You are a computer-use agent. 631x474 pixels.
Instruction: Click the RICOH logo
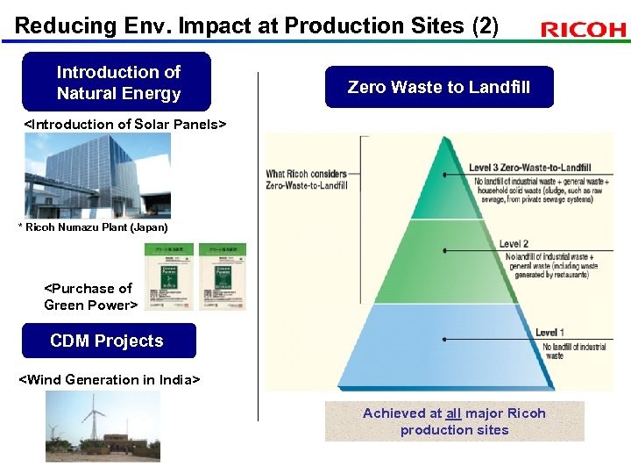584,30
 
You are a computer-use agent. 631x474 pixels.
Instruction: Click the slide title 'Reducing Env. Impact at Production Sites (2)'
256,25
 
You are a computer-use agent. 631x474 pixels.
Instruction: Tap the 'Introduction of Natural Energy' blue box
117,83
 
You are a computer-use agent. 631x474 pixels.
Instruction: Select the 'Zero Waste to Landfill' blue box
439,87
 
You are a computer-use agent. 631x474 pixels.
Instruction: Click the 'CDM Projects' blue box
108,341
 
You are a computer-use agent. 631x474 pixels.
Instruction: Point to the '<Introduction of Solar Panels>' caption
124,125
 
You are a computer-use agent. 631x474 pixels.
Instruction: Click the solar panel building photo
97,176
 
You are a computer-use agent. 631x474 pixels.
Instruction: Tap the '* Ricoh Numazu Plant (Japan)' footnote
93,227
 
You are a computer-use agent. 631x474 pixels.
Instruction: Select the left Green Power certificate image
168,276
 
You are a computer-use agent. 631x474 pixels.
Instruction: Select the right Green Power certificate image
222,276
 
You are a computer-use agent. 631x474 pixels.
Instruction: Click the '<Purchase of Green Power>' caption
90,297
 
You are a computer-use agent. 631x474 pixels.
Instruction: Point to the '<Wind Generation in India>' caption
110,380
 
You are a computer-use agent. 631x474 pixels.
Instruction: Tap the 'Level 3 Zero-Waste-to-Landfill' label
529,168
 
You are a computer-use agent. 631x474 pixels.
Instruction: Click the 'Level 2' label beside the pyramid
514,244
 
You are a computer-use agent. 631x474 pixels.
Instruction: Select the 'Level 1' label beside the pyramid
549,333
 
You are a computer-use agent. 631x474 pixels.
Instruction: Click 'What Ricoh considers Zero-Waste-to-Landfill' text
307,179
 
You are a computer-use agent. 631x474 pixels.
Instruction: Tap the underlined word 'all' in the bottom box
453,413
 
